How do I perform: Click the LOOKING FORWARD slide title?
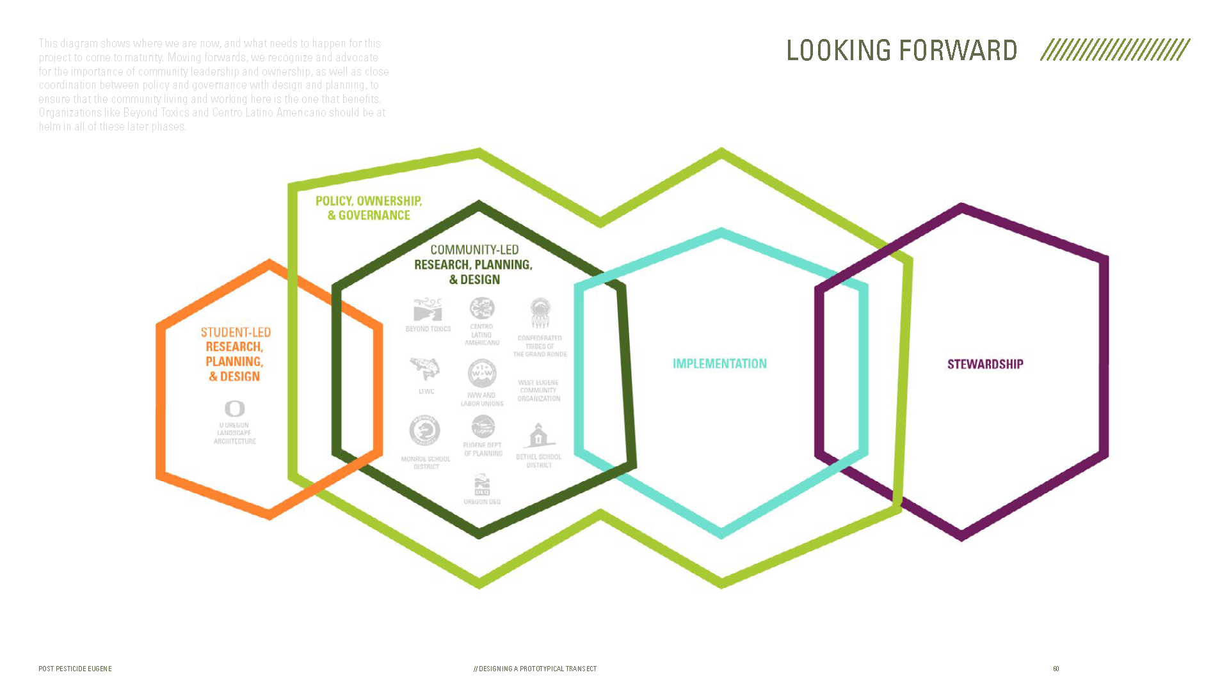coord(901,50)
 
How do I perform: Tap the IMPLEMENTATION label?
coord(719,363)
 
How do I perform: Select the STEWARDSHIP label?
coord(985,364)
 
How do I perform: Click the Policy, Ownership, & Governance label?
coord(369,208)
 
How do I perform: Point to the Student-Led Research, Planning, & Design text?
coord(235,354)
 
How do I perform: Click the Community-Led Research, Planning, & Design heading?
coord(474,264)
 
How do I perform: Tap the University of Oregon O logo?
coord(235,408)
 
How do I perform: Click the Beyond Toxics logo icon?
coord(428,310)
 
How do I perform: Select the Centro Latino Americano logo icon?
coord(482,308)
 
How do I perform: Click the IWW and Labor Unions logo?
coord(482,374)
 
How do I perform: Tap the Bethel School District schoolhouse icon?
coord(538,436)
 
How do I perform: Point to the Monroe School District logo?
coord(425,431)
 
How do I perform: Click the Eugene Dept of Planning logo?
coord(483,427)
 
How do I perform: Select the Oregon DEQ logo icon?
coord(482,486)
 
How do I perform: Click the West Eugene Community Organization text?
coord(539,390)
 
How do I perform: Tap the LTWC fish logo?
coord(425,369)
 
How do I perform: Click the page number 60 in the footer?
coord(1056,669)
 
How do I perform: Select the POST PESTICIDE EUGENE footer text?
coord(75,669)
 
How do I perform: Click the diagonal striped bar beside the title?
coord(1115,50)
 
